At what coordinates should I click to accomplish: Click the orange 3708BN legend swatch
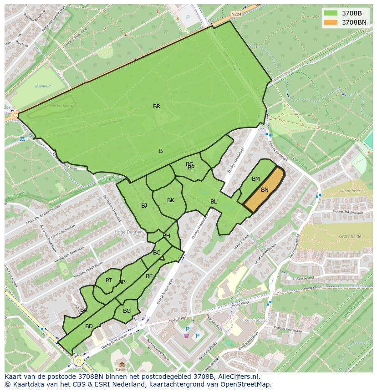[x=331, y=22]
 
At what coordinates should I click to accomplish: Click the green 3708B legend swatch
[x=331, y=13]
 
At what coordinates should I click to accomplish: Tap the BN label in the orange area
[x=265, y=190]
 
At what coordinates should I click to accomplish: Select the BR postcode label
[x=157, y=107]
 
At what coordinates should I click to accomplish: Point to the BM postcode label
[x=256, y=179]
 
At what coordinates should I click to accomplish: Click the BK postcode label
[x=171, y=200]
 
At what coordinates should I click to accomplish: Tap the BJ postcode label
[x=144, y=206]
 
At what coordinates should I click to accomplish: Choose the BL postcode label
[x=214, y=202]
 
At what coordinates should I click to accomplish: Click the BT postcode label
[x=109, y=280]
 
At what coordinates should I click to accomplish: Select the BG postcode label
[x=127, y=311]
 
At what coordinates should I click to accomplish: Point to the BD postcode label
[x=89, y=326]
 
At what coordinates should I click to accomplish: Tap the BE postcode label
[x=149, y=276]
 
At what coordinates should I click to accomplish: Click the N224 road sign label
[x=236, y=14]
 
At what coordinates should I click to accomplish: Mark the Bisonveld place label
[x=43, y=86]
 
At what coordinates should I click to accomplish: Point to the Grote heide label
[x=350, y=236]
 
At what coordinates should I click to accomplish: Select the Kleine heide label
[x=351, y=191]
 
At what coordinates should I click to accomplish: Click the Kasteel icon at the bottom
[x=122, y=365]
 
